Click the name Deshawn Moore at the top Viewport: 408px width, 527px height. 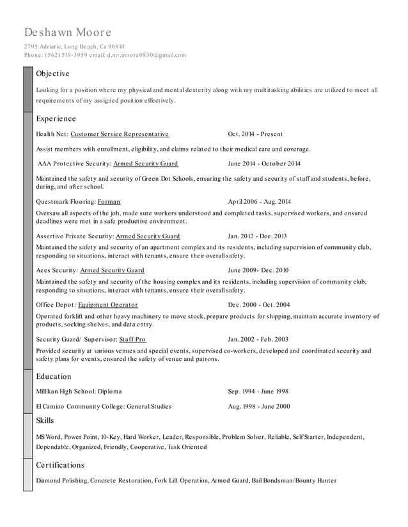[68, 32]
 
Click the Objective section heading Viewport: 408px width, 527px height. [52, 73]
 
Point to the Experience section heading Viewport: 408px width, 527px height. [56, 119]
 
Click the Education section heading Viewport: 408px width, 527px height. [54, 377]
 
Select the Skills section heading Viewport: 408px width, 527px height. [45, 420]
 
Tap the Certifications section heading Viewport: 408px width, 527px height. [60, 465]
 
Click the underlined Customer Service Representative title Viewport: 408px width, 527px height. [120, 134]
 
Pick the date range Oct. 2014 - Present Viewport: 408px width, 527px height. [255, 134]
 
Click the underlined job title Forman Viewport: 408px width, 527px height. [109, 201]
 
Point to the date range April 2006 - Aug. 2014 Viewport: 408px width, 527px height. [259, 201]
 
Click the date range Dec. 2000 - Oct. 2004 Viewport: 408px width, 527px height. [258, 305]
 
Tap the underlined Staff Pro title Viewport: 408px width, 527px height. [132, 339]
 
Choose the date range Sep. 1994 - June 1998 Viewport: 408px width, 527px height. [258, 391]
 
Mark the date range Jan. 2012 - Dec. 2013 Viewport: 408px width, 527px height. [257, 236]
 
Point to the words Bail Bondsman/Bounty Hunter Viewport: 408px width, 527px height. [294, 480]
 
